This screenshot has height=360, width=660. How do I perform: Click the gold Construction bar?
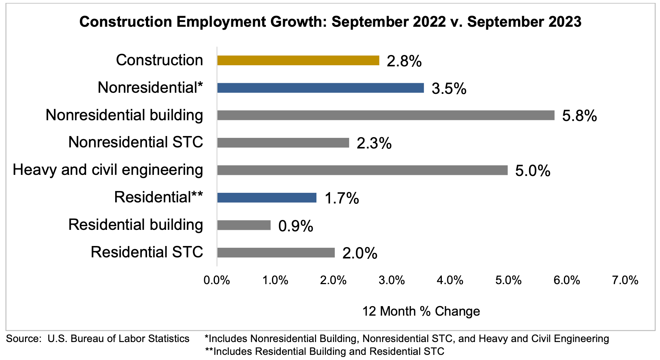298,60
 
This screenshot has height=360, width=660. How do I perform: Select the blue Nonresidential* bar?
320,88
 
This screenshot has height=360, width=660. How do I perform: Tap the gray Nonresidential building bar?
385,115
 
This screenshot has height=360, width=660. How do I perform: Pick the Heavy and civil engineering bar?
362,170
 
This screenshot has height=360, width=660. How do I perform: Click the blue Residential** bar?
267,198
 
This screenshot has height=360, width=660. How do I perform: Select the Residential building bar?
243,225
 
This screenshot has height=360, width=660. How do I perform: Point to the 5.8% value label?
579,116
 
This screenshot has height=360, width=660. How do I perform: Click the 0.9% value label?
296,226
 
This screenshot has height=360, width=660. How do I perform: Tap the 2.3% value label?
374,144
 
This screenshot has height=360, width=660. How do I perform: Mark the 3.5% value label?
449,89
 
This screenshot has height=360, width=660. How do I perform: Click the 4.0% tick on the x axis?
450,280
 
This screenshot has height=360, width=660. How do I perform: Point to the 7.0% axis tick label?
625,280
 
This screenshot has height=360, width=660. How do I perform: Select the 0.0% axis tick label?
217,280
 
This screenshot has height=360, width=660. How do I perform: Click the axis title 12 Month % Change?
421,311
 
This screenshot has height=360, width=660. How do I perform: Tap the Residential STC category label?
147,252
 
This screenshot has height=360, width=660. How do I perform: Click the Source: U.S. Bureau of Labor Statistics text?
98,338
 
